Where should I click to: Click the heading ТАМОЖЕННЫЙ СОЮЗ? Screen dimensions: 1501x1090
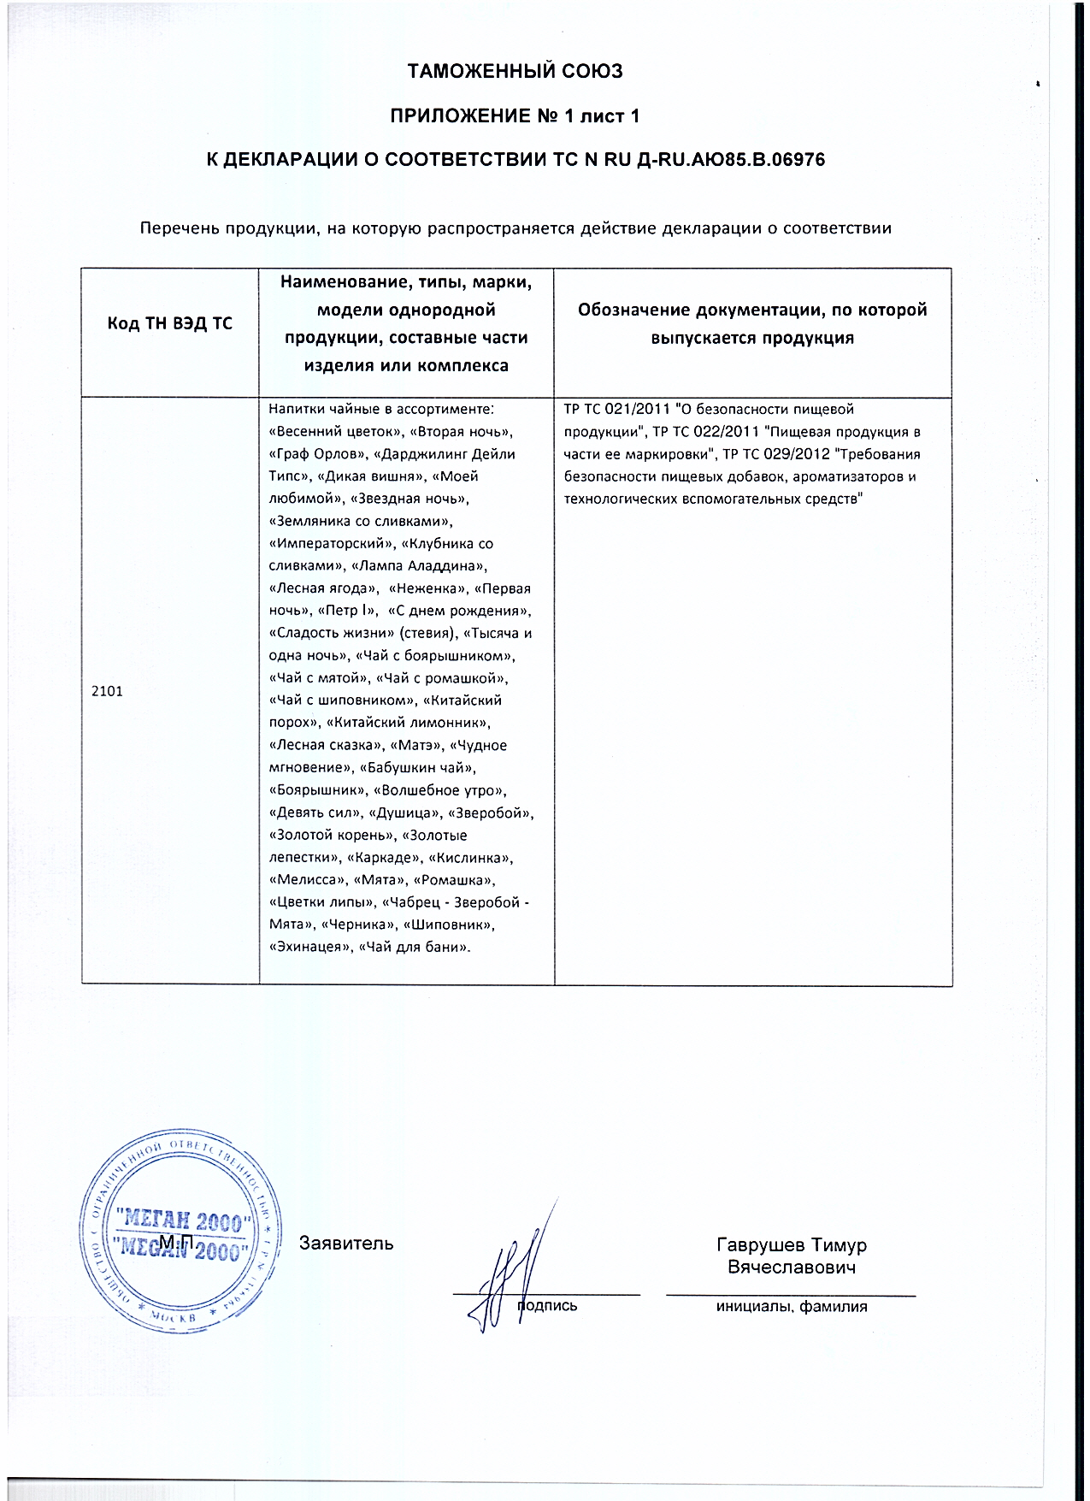click(515, 71)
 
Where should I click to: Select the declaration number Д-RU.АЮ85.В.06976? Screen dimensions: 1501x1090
click(732, 159)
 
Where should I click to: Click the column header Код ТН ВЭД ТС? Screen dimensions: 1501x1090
click(169, 323)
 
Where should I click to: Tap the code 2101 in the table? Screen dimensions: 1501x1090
click(107, 691)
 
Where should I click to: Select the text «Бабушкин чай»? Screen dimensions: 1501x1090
click(418, 768)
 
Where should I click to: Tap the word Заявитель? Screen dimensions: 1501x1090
click(346, 1244)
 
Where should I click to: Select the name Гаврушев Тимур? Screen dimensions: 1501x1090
click(791, 1245)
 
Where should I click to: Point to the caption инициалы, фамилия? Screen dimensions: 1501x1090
click(791, 1307)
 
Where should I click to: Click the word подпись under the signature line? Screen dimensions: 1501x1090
click(547, 1306)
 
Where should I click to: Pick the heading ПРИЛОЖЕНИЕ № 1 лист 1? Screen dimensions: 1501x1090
click(515, 115)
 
